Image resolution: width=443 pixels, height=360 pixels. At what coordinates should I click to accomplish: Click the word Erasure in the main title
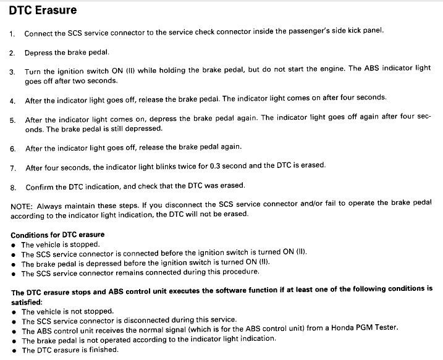(55, 11)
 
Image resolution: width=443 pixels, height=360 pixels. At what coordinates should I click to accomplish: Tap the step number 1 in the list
(12, 34)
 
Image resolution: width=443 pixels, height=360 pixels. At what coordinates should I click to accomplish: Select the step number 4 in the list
(12, 101)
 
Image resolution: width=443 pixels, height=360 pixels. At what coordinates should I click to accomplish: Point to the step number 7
(12, 168)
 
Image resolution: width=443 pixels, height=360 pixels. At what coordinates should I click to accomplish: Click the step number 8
(12, 186)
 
